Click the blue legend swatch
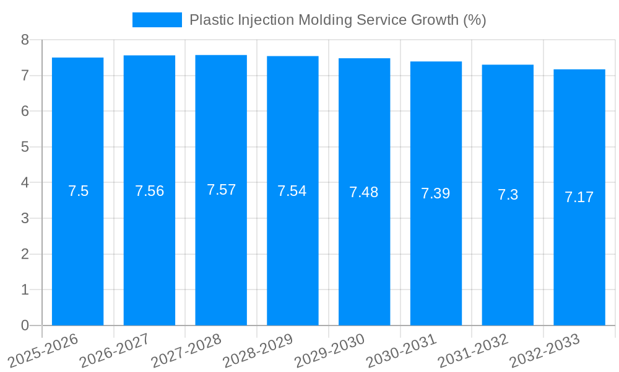point(157,20)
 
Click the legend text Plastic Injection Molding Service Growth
point(337,20)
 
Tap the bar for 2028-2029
point(292,248)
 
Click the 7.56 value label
point(149,191)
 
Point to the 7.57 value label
point(221,190)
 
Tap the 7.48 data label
point(364,192)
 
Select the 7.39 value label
point(436,193)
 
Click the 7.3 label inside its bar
point(508,195)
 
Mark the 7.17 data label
point(579,197)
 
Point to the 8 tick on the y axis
point(25,40)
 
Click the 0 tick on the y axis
point(25,325)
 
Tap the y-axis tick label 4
point(25,183)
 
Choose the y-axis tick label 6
point(25,111)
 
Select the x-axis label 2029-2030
point(329,350)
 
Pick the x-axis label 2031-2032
point(473,350)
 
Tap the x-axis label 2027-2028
point(186,350)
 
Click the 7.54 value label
point(292,191)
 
